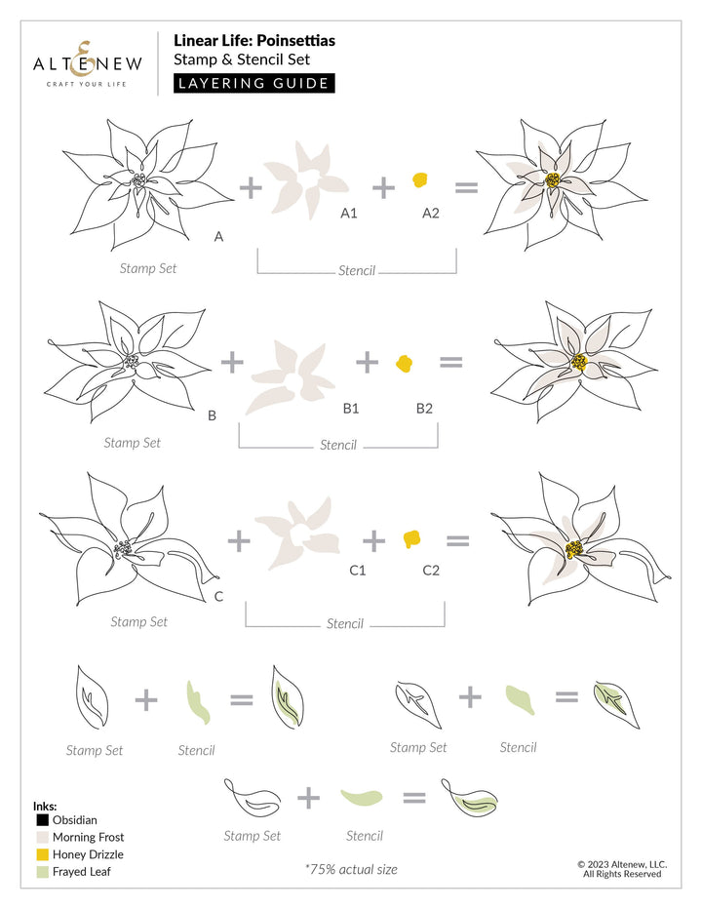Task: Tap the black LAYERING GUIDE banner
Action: coord(254,83)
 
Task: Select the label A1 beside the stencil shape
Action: coord(348,212)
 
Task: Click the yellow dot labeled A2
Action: coord(419,180)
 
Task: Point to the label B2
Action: coord(424,408)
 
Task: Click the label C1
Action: coord(357,569)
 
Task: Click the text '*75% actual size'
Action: coord(351,869)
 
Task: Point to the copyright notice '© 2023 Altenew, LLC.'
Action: coord(621,863)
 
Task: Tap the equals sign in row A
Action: coord(467,185)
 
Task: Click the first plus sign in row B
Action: coord(232,363)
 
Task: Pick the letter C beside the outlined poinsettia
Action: coord(218,595)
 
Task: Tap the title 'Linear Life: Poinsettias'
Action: coord(241,40)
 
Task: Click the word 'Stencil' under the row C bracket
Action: coord(344,623)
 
